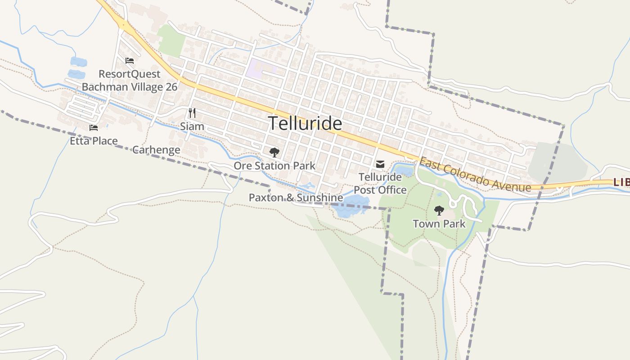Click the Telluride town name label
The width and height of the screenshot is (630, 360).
pos(305,123)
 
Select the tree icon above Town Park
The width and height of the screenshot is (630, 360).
pos(439,210)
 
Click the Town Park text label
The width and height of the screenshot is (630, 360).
pos(439,223)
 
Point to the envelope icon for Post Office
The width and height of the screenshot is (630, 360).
pos(380,164)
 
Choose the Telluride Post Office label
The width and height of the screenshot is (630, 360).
pos(380,184)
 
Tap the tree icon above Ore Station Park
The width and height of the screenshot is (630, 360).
pos(274,152)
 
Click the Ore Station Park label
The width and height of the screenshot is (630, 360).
pos(274,166)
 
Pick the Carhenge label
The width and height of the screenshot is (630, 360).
pos(156,150)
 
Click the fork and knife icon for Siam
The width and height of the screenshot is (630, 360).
pos(192,113)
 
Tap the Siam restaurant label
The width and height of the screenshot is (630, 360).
pos(192,126)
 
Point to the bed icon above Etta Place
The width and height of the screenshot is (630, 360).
pos(94,128)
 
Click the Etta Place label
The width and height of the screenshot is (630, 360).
pos(94,141)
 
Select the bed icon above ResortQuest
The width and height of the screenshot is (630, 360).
pos(130,61)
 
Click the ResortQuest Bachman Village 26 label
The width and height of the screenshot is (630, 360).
pos(130,80)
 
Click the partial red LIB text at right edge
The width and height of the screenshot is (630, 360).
pos(621,182)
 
